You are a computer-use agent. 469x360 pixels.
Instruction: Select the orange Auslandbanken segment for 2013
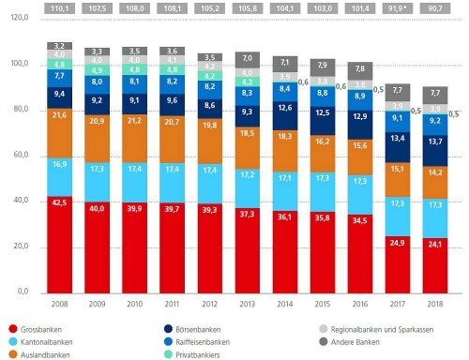click(249, 134)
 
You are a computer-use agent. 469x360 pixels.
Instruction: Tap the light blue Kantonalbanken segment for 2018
click(433, 204)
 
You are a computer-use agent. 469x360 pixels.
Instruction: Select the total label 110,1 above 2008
click(58, 7)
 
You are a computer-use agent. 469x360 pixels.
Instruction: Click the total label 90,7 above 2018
click(433, 7)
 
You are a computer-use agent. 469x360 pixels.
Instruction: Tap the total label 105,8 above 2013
click(249, 7)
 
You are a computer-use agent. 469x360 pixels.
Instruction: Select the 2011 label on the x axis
click(172, 304)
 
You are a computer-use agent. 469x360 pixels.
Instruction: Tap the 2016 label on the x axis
click(358, 304)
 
